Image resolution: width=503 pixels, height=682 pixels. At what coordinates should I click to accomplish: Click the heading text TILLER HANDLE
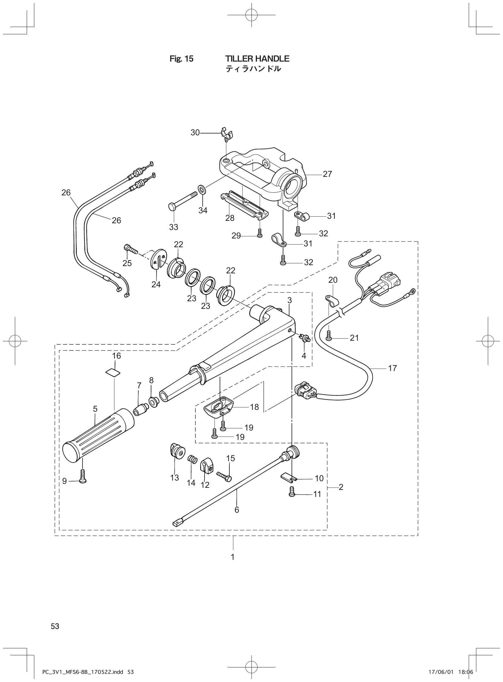pyautogui.click(x=257, y=59)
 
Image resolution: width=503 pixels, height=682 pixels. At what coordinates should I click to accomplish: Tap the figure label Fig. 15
pyautogui.click(x=181, y=59)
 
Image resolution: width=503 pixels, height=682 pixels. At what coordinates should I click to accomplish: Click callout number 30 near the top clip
pyautogui.click(x=195, y=133)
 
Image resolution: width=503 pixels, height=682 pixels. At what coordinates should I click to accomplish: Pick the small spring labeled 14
pyautogui.click(x=191, y=467)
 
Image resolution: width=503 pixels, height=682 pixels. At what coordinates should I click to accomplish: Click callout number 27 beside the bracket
pyautogui.click(x=327, y=174)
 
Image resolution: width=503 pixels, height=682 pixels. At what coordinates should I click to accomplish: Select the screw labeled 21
pyautogui.click(x=329, y=336)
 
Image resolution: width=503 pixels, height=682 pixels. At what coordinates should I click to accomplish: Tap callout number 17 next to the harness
pyautogui.click(x=393, y=368)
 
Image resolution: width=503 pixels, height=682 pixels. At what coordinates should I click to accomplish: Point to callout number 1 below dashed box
pyautogui.click(x=233, y=557)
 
